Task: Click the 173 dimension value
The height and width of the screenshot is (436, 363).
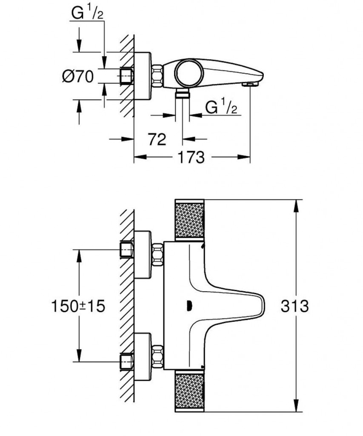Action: point(192,157)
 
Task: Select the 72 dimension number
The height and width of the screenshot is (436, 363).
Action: point(157,139)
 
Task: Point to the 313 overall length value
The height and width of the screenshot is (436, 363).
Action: point(294,306)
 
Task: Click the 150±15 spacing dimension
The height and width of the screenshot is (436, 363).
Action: point(78,306)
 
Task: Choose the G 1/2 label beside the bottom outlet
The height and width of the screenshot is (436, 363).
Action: point(221,107)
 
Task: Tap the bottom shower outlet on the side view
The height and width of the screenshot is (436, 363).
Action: point(183,94)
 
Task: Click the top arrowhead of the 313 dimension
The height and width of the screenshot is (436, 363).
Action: point(297,204)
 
